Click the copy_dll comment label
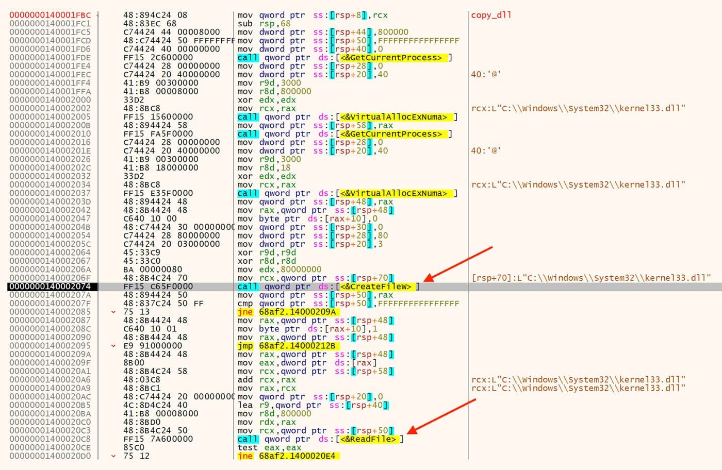click(x=491, y=15)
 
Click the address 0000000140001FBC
click(x=50, y=15)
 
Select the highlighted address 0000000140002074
click(x=50, y=287)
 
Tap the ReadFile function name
click(x=371, y=439)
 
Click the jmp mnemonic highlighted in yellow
click(x=245, y=346)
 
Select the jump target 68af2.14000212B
click(x=297, y=346)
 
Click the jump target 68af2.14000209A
click(x=297, y=312)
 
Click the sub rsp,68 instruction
click(x=264, y=24)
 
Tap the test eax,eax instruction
click(x=269, y=447)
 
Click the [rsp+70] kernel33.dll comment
click(x=591, y=278)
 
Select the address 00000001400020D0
click(x=50, y=456)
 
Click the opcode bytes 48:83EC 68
click(x=150, y=24)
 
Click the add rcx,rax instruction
click(x=267, y=380)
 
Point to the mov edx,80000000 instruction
click(x=279, y=270)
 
